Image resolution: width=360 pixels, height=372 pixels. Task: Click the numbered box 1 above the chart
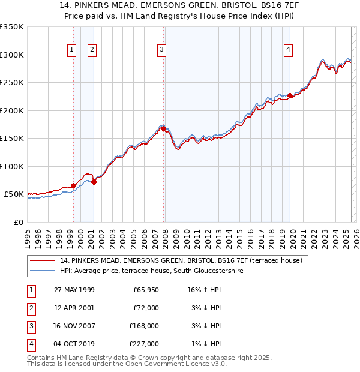[x=72, y=50]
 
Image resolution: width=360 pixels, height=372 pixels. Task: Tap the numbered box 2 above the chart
[x=92, y=50]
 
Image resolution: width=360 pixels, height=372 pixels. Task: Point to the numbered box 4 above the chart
[x=289, y=50]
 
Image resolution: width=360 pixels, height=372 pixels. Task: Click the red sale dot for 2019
[x=290, y=95]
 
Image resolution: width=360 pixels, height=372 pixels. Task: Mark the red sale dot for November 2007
[x=163, y=128]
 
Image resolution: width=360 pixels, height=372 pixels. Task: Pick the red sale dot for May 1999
[x=73, y=185]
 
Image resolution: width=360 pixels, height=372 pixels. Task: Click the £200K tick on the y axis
[x=13, y=110]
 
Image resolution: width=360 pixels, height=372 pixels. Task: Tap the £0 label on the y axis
[x=17, y=222]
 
